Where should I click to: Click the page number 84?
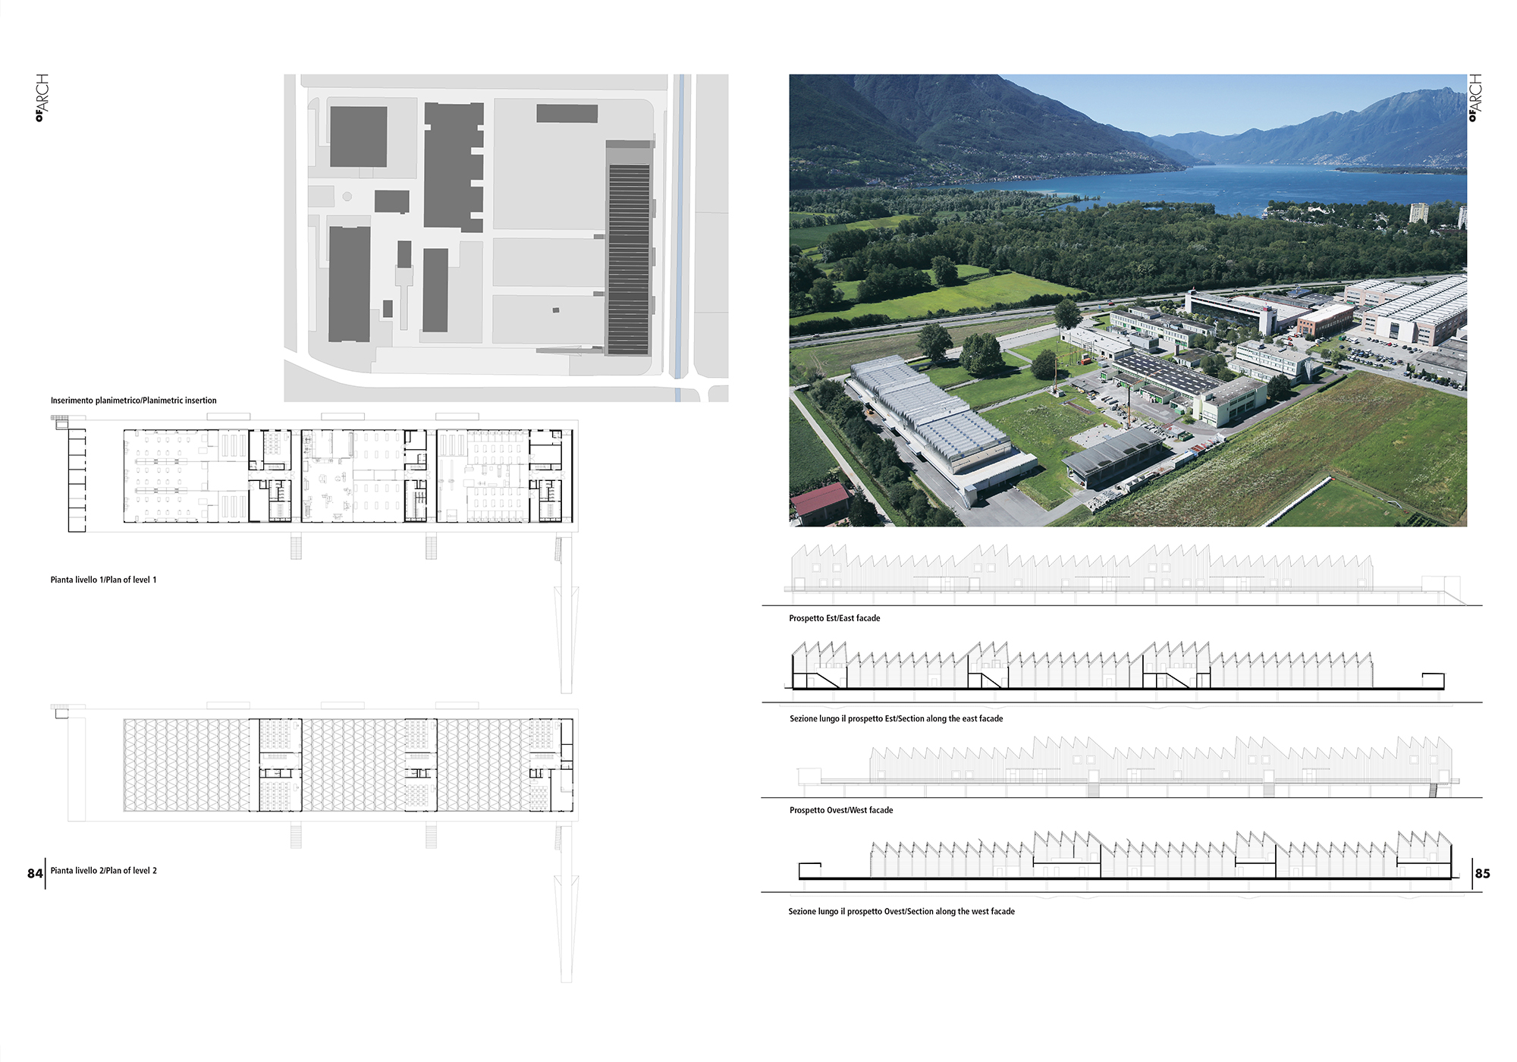[35, 873]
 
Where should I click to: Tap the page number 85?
[1482, 873]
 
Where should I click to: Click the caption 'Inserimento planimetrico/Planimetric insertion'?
[133, 401]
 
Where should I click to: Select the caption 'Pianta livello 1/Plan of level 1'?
[103, 580]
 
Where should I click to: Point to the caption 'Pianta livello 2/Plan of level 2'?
[103, 870]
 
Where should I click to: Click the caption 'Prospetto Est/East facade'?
[834, 618]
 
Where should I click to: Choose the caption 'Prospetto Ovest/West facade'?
[841, 810]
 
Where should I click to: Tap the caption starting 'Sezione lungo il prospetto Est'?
[896, 718]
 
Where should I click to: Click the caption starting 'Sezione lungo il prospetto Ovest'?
[901, 911]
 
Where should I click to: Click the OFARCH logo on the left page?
[42, 98]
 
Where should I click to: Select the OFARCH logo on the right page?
[1475, 98]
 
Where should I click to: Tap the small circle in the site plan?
[347, 196]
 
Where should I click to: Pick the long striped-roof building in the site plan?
[629, 248]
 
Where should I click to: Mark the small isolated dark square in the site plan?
[556, 310]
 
